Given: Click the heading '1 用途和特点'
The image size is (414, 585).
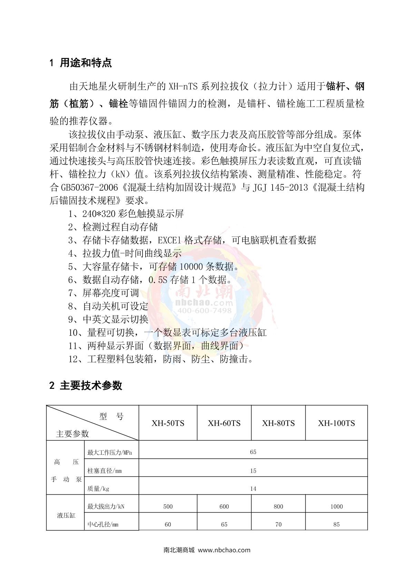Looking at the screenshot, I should [x=81, y=63].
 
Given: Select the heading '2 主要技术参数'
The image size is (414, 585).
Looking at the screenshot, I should [x=86, y=385].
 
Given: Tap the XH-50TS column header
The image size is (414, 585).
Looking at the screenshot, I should [x=168, y=423].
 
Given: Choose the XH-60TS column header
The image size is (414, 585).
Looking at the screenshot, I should [x=224, y=423].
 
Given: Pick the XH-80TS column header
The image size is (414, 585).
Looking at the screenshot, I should [x=278, y=423].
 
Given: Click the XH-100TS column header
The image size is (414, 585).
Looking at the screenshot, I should [x=336, y=423].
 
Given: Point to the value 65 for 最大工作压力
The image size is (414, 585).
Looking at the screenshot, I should [x=253, y=452].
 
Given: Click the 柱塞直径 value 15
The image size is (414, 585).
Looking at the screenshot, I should [x=253, y=471].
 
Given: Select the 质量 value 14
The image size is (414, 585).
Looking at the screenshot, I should [x=253, y=488].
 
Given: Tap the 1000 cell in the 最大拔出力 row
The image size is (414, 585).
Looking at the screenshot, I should [x=336, y=506].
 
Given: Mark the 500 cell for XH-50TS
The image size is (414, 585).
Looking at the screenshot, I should [x=168, y=506].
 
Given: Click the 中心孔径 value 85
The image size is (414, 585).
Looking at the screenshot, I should [x=336, y=524].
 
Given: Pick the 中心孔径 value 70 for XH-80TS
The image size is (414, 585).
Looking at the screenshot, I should [x=278, y=524].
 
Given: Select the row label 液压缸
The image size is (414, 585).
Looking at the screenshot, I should [x=66, y=515].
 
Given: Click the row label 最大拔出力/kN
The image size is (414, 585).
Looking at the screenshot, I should [x=106, y=506].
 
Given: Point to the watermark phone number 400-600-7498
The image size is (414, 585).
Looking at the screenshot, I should [x=205, y=311].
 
